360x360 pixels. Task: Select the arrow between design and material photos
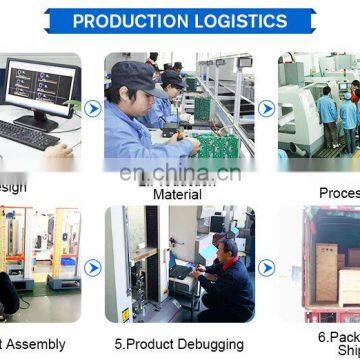[93, 106]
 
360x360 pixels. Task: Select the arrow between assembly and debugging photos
[93, 268]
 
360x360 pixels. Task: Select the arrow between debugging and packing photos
[266, 268]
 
